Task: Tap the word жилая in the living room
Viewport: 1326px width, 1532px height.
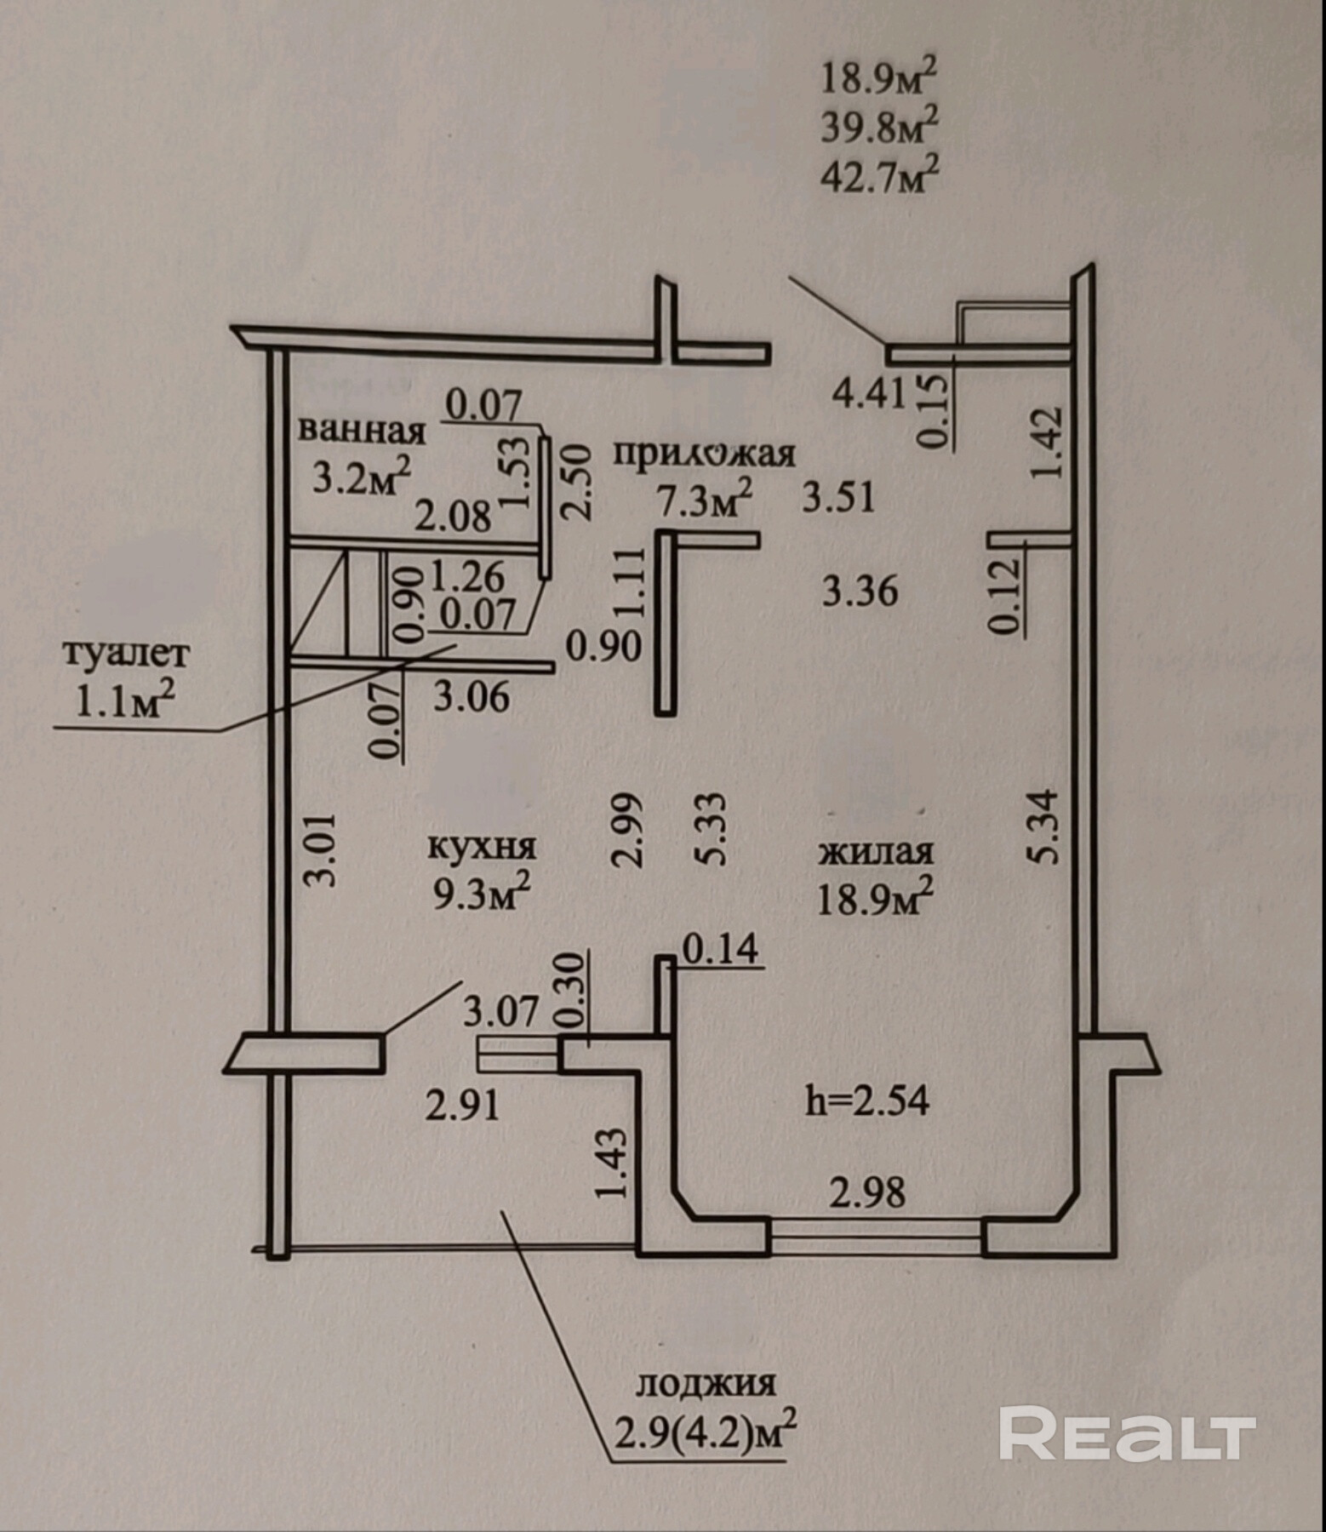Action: pyautogui.click(x=875, y=852)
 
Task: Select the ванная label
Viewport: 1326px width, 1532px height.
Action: pyautogui.click(x=361, y=430)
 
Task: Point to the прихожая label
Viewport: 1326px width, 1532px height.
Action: pyautogui.click(x=705, y=454)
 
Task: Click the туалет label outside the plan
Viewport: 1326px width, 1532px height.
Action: pyautogui.click(x=127, y=655)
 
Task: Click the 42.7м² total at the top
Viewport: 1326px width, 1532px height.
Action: pyautogui.click(x=879, y=178)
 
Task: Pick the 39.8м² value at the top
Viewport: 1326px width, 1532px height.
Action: pyautogui.click(x=879, y=129)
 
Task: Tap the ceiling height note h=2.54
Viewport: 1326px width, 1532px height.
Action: pyautogui.click(x=867, y=1101)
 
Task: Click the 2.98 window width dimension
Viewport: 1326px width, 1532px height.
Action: pyautogui.click(x=867, y=1192)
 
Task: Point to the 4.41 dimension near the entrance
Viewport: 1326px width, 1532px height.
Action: pyautogui.click(x=869, y=395)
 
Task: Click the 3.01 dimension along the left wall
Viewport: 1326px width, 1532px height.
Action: pyautogui.click(x=323, y=850)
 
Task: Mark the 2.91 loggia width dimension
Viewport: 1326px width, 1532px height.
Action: pyautogui.click(x=461, y=1108)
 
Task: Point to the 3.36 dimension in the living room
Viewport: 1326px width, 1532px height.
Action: pyautogui.click(x=860, y=591)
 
